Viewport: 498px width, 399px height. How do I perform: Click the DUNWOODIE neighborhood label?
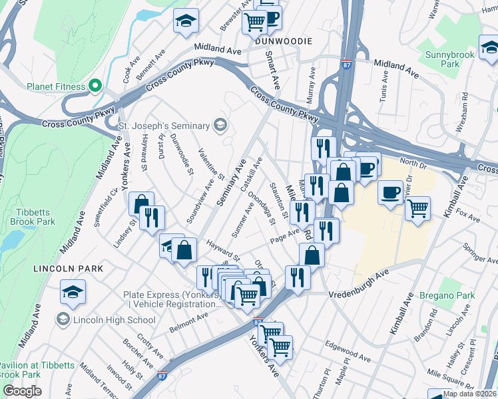pos(284,41)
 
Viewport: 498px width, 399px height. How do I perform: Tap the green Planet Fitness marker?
pos(95,86)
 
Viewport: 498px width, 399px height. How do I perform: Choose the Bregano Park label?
pos(447,295)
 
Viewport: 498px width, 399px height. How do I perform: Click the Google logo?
pos(22,391)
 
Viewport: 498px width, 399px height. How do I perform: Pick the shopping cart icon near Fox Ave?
pos(417,208)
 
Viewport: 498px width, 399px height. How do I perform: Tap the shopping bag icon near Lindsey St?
pos(141,203)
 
